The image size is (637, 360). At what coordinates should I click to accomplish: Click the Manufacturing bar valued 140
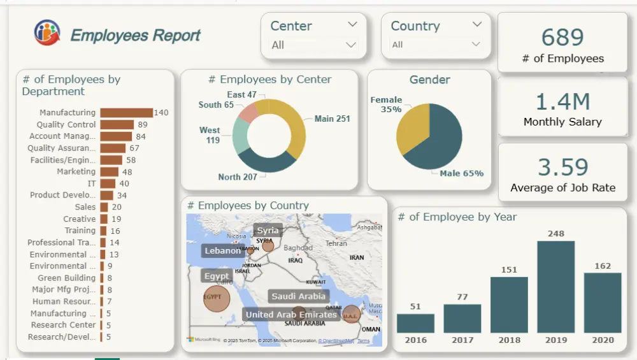pos(126,113)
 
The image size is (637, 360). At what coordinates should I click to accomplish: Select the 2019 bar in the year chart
pos(556,287)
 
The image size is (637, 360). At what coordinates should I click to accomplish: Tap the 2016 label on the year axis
pos(415,340)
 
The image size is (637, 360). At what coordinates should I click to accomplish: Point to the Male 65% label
pos(461,173)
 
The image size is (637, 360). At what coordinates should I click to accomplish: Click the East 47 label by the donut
pos(241,95)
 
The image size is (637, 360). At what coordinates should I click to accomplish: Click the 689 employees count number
pos(562,38)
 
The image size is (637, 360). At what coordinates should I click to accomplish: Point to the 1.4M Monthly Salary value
pos(562,101)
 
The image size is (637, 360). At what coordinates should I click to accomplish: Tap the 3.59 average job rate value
pos(562,167)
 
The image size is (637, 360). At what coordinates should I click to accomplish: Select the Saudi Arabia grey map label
pos(299,296)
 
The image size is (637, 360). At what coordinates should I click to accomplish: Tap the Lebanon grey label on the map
pos(222,251)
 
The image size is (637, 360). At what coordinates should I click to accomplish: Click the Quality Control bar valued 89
pos(117,125)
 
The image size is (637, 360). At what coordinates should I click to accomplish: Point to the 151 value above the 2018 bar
pos(509,270)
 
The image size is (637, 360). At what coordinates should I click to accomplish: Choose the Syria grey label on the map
pos(268,231)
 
